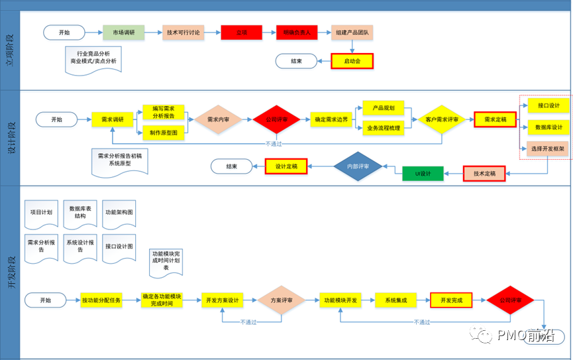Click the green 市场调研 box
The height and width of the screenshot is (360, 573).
pos(123,32)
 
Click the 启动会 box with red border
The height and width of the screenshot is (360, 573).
pos(352,61)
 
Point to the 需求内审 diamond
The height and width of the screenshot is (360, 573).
pos(218,120)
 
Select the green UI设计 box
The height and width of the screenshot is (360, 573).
pos(423,174)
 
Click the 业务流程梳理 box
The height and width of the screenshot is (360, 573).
pos(383,128)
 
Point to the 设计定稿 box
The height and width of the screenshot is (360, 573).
pos(286,166)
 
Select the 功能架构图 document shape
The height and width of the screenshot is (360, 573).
pos(119,213)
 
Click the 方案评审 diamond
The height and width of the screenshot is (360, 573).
pos(282,300)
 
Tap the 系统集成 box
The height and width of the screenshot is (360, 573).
pos(395,300)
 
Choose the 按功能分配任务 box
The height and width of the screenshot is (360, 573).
pos(101,300)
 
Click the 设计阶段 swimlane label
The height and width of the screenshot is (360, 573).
pos(11,137)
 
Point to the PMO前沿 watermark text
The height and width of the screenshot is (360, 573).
pos(523,336)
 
